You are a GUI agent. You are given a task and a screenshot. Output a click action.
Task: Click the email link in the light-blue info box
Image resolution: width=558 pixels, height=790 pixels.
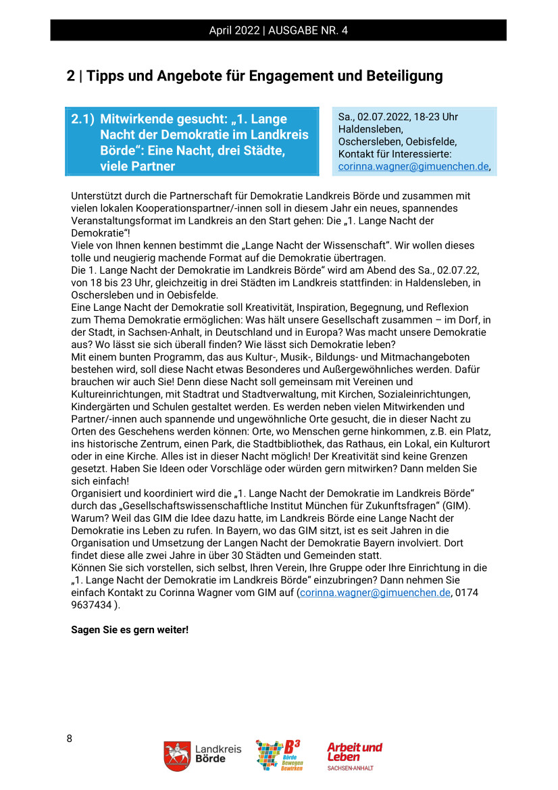pos(413,166)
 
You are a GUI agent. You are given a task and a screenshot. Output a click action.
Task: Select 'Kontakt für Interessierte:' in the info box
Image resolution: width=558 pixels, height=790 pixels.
pos(395,154)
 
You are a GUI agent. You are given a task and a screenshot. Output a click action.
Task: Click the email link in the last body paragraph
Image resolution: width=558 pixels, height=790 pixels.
pos(375,593)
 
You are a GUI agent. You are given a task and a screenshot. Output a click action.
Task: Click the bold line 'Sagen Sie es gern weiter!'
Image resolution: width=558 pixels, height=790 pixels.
pos(130,629)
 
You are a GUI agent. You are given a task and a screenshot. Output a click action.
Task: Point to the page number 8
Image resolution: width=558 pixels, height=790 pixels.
pos(70,738)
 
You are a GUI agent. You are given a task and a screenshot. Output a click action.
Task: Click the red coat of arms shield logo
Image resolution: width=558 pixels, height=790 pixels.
pos(176,756)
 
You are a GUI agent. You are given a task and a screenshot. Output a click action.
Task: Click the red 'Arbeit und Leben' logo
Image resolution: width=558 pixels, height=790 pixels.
pos(354,751)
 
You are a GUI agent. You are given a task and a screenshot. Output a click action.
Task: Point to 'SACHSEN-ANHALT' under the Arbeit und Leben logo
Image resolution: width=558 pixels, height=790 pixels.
pos(350,768)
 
